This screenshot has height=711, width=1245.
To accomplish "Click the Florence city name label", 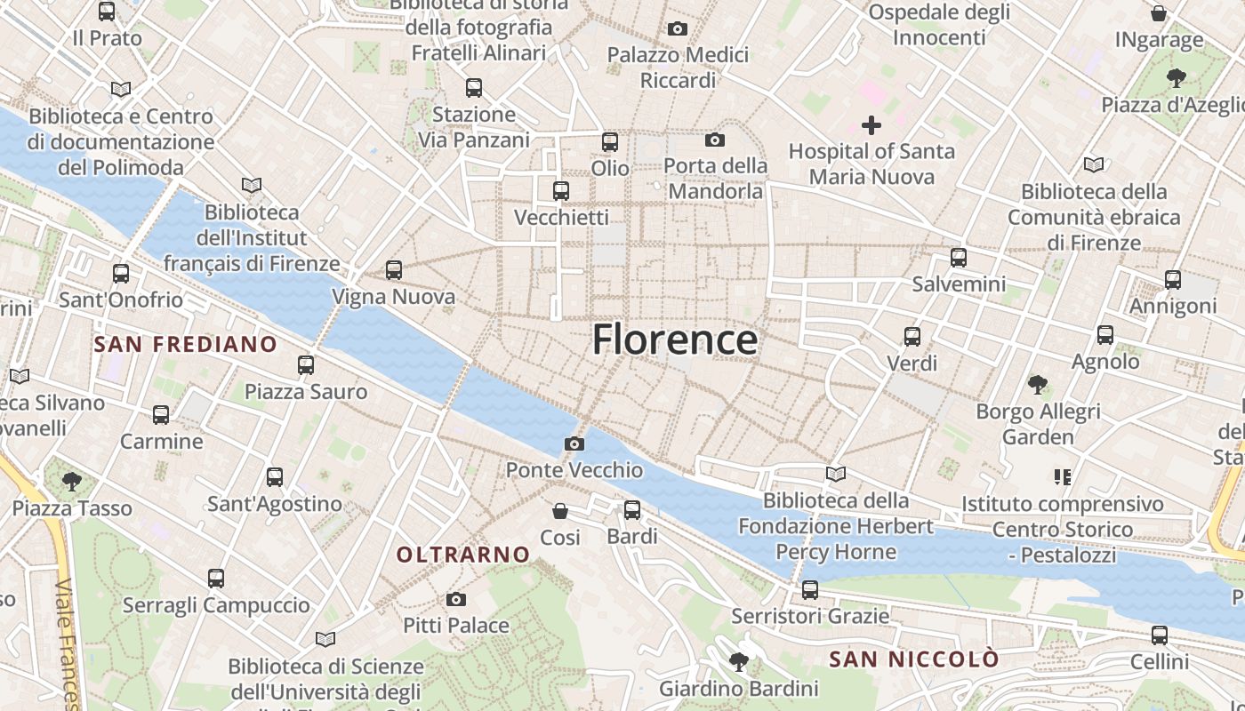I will pos(675,340).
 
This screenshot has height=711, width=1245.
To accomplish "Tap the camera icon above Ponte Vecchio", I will pos(574,443).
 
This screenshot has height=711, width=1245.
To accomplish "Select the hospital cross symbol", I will pos(871,125).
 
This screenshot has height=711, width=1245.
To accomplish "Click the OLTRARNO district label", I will pos(463,555).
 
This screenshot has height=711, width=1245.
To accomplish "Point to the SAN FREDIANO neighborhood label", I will pos(186,344).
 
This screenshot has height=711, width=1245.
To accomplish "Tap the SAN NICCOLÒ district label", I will pos(914,659).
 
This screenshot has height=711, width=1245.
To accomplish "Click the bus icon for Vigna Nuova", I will pos(394,270).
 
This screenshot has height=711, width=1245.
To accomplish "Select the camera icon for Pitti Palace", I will pos(456,599).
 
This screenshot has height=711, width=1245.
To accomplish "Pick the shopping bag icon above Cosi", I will pos(560,511).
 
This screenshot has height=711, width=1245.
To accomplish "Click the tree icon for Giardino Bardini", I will pos(738,661).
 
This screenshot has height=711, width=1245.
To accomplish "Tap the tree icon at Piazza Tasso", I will pos(72,482).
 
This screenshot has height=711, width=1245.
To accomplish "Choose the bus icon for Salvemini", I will pos(959,258).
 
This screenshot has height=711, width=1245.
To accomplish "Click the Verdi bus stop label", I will pos(912,363).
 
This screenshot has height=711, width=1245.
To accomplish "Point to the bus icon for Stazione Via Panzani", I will pos(474,88).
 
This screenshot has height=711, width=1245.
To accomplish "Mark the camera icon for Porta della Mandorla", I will pos(714,140).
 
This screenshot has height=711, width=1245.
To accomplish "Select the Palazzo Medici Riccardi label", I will pos(678,68).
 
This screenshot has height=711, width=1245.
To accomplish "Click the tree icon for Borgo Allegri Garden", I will pos(1037,385).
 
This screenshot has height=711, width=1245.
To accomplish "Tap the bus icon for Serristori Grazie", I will pos(810,589).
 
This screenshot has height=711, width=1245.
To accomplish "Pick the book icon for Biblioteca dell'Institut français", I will pos(253,185).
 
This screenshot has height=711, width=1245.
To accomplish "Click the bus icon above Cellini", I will pos(1160,635).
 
